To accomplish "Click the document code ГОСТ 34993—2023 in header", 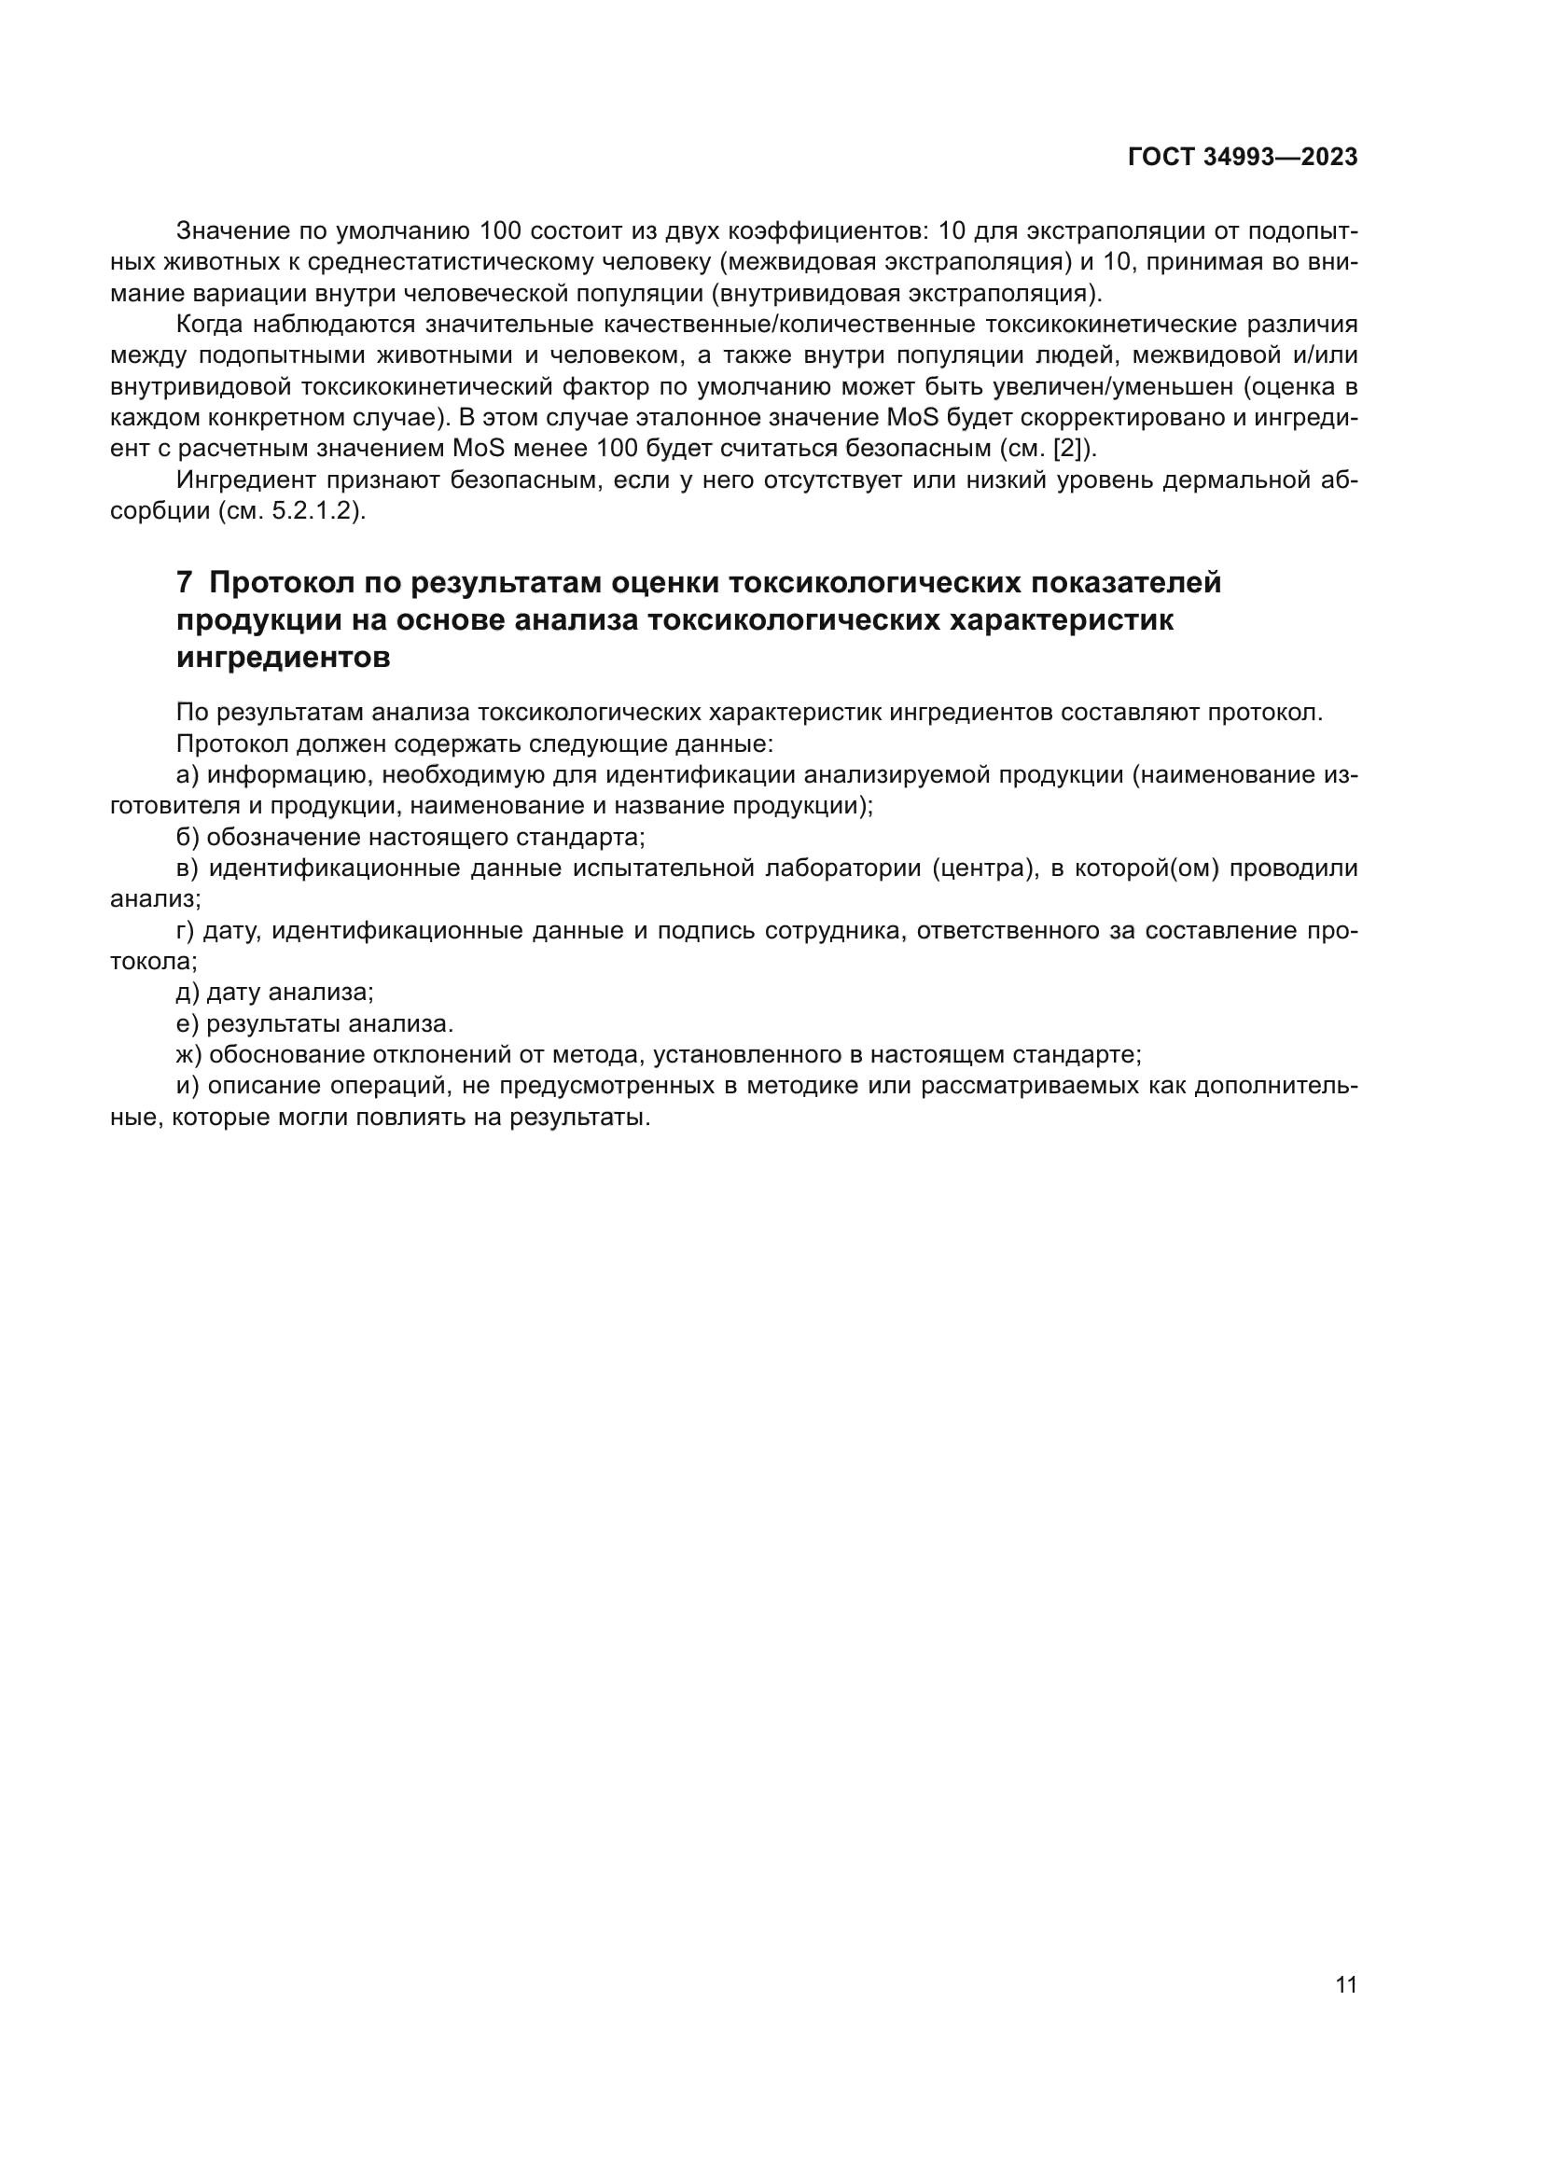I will (x=1242, y=158).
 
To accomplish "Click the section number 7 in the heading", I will (x=185, y=582).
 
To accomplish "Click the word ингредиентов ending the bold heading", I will (x=284, y=658).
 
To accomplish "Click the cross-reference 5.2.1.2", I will (x=316, y=511).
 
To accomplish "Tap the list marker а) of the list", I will (x=188, y=774).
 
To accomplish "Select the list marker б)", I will (x=188, y=837).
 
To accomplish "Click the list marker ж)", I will (x=189, y=1054).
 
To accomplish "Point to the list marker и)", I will (x=188, y=1085).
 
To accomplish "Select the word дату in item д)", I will (x=234, y=993).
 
